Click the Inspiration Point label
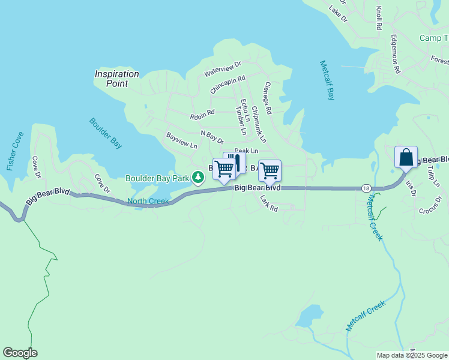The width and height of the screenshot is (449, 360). pyautogui.click(x=116, y=79)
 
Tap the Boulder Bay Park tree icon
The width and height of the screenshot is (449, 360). pyautogui.click(x=197, y=178)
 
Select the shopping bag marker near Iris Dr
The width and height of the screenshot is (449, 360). pyautogui.click(x=406, y=157)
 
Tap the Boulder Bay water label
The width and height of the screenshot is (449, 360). pyautogui.click(x=106, y=133)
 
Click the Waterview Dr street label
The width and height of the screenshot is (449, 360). pyautogui.click(x=222, y=68)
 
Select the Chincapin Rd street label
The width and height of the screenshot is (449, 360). pyautogui.click(x=228, y=83)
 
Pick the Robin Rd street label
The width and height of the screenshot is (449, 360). pyautogui.click(x=202, y=113)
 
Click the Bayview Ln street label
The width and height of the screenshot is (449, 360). pyautogui.click(x=181, y=140)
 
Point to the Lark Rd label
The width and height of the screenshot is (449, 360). pyautogui.click(x=269, y=205)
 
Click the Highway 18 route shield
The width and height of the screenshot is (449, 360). pyautogui.click(x=366, y=188)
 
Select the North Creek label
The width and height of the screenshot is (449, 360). pyautogui.click(x=148, y=201)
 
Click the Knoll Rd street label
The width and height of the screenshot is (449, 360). pyautogui.click(x=379, y=19)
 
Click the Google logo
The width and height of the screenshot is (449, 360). pyautogui.click(x=20, y=353)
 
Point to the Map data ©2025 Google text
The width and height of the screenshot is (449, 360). pyautogui.click(x=412, y=355)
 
